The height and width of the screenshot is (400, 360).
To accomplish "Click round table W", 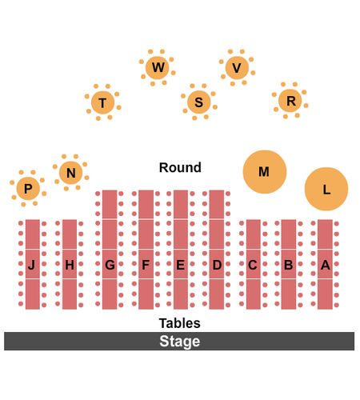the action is [158, 68].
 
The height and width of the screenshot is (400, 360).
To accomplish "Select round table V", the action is [237, 68].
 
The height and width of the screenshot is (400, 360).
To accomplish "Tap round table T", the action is [102, 102].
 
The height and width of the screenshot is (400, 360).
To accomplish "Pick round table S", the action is [199, 102].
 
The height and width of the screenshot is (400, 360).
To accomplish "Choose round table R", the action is [290, 101].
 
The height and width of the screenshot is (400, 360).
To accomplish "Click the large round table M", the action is [265, 172].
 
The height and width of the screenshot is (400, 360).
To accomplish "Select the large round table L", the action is [326, 189].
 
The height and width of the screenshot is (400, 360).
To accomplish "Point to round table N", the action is [70, 173].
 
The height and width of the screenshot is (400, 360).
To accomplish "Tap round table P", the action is [28, 188].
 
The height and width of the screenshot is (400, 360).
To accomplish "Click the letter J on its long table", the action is [31, 265].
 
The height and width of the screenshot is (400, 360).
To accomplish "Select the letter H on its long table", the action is [70, 265].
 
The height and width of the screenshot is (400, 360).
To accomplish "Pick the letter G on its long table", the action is [110, 265].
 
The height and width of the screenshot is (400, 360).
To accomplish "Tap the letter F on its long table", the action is [146, 265].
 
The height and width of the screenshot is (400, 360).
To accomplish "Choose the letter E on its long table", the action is [180, 265].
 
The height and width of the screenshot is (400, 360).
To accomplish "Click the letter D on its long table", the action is [217, 265].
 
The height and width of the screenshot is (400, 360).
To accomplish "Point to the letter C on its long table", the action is [253, 265].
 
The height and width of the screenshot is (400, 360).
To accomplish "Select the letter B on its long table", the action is [288, 265].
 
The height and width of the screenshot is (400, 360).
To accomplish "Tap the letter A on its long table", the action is [326, 265].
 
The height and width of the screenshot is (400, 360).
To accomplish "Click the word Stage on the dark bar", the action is [180, 342].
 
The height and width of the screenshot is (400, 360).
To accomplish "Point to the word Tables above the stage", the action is [180, 323].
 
